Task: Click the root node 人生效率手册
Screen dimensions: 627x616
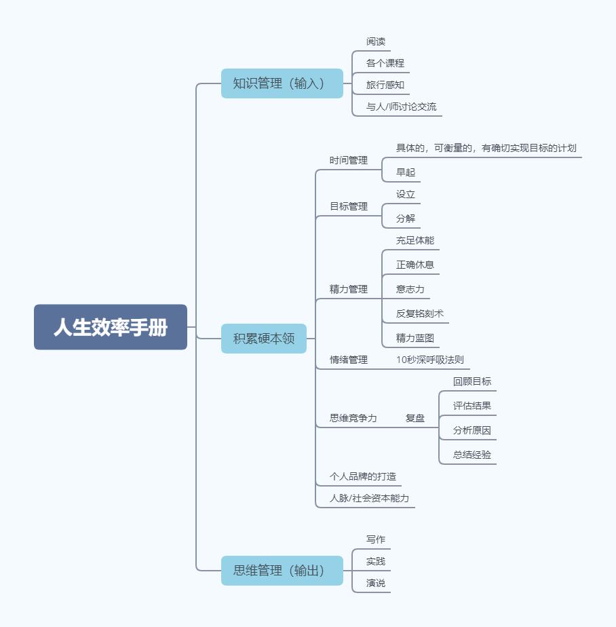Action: [x=111, y=327]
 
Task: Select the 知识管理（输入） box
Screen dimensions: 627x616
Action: [x=282, y=83]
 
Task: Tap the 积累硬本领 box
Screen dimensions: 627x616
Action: [x=264, y=339]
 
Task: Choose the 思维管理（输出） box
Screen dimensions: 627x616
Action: [x=282, y=570]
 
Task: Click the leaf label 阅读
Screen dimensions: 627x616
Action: [x=376, y=41]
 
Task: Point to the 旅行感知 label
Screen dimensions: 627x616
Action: [x=385, y=85]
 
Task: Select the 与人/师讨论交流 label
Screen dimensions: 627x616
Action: [x=402, y=107]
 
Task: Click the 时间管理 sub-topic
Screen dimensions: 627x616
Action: [x=349, y=160]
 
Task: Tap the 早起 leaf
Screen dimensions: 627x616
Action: [x=406, y=172]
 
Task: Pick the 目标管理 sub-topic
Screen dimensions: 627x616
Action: [x=349, y=206]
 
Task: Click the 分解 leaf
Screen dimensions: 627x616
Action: [x=406, y=218]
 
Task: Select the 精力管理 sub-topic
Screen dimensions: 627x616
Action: [x=349, y=289]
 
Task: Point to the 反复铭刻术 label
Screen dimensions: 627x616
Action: [x=420, y=313]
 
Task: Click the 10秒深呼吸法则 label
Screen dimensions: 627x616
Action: [x=430, y=360]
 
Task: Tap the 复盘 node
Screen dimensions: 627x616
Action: [x=415, y=418]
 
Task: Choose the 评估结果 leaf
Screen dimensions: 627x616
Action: [x=472, y=406]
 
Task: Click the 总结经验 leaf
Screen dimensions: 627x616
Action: [x=472, y=455]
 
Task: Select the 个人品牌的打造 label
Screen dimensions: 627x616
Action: [x=363, y=476]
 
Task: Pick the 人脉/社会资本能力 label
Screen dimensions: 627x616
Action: [x=370, y=498]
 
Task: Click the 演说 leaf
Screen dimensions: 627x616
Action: [x=376, y=583]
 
